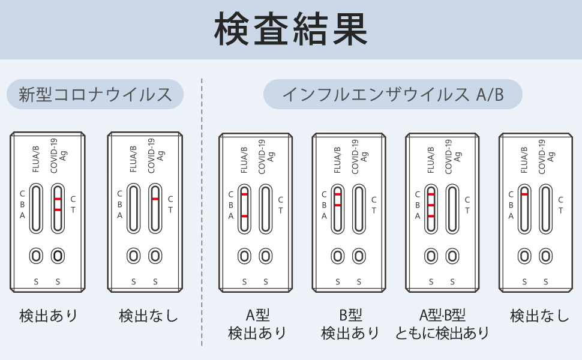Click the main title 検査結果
pyautogui.click(x=291, y=29)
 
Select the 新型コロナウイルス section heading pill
pyautogui.click(x=95, y=94)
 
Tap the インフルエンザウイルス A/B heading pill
pyautogui.click(x=392, y=94)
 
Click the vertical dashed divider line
pyautogui.click(x=202, y=210)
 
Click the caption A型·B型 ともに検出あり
pyautogui.click(x=442, y=324)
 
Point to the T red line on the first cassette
pyautogui.click(x=58, y=209)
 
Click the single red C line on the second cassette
pyautogui.click(x=155, y=199)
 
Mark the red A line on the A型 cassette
pyautogui.click(x=244, y=215)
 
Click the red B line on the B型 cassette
pyautogui.click(x=338, y=205)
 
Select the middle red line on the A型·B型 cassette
pyautogui.click(x=431, y=205)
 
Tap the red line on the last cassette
pyautogui.click(x=525, y=194)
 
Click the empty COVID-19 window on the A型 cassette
pyautogui.click(x=265, y=208)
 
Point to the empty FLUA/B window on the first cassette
pyautogui.click(x=36, y=208)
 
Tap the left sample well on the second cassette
pyautogui.click(x=133, y=256)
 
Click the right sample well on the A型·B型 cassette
pyautogui.click(x=452, y=256)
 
